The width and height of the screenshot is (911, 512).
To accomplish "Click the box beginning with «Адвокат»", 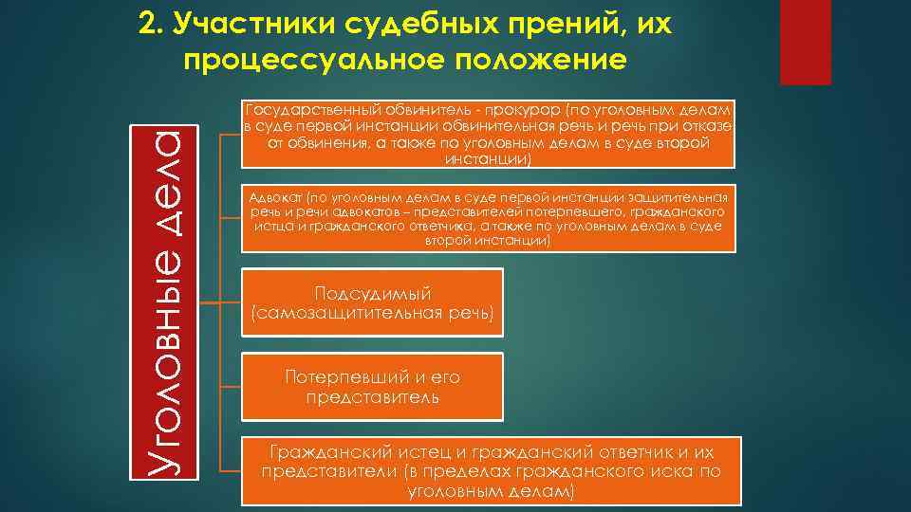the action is click(x=489, y=219).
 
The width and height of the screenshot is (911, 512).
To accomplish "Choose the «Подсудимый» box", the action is click(x=373, y=302).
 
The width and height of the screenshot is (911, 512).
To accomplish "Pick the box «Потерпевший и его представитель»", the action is click(x=373, y=387).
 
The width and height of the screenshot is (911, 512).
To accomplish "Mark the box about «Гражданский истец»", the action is click(x=489, y=471).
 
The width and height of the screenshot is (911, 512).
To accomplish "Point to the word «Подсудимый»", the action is click(x=373, y=292).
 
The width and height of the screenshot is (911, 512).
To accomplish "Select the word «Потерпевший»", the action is click(x=332, y=376).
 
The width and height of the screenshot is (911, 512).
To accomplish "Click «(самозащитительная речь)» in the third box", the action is click(x=373, y=313).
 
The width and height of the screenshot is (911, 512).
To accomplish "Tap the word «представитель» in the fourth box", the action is click(x=373, y=397).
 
